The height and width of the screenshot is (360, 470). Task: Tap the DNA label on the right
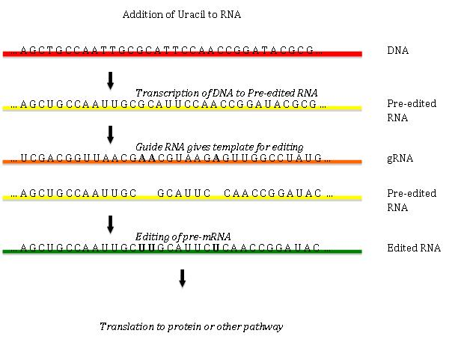coord(397,51)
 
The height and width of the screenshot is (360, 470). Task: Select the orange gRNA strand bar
coord(183,162)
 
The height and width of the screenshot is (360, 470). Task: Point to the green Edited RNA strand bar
coord(183,252)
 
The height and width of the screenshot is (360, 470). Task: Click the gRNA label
coord(400,159)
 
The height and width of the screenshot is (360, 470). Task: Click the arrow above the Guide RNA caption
coord(111,134)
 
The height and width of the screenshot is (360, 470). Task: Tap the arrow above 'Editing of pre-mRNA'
coord(111,224)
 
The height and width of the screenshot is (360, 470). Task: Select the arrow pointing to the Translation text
coord(182,278)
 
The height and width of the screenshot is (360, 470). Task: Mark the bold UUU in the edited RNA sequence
coord(147,248)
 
